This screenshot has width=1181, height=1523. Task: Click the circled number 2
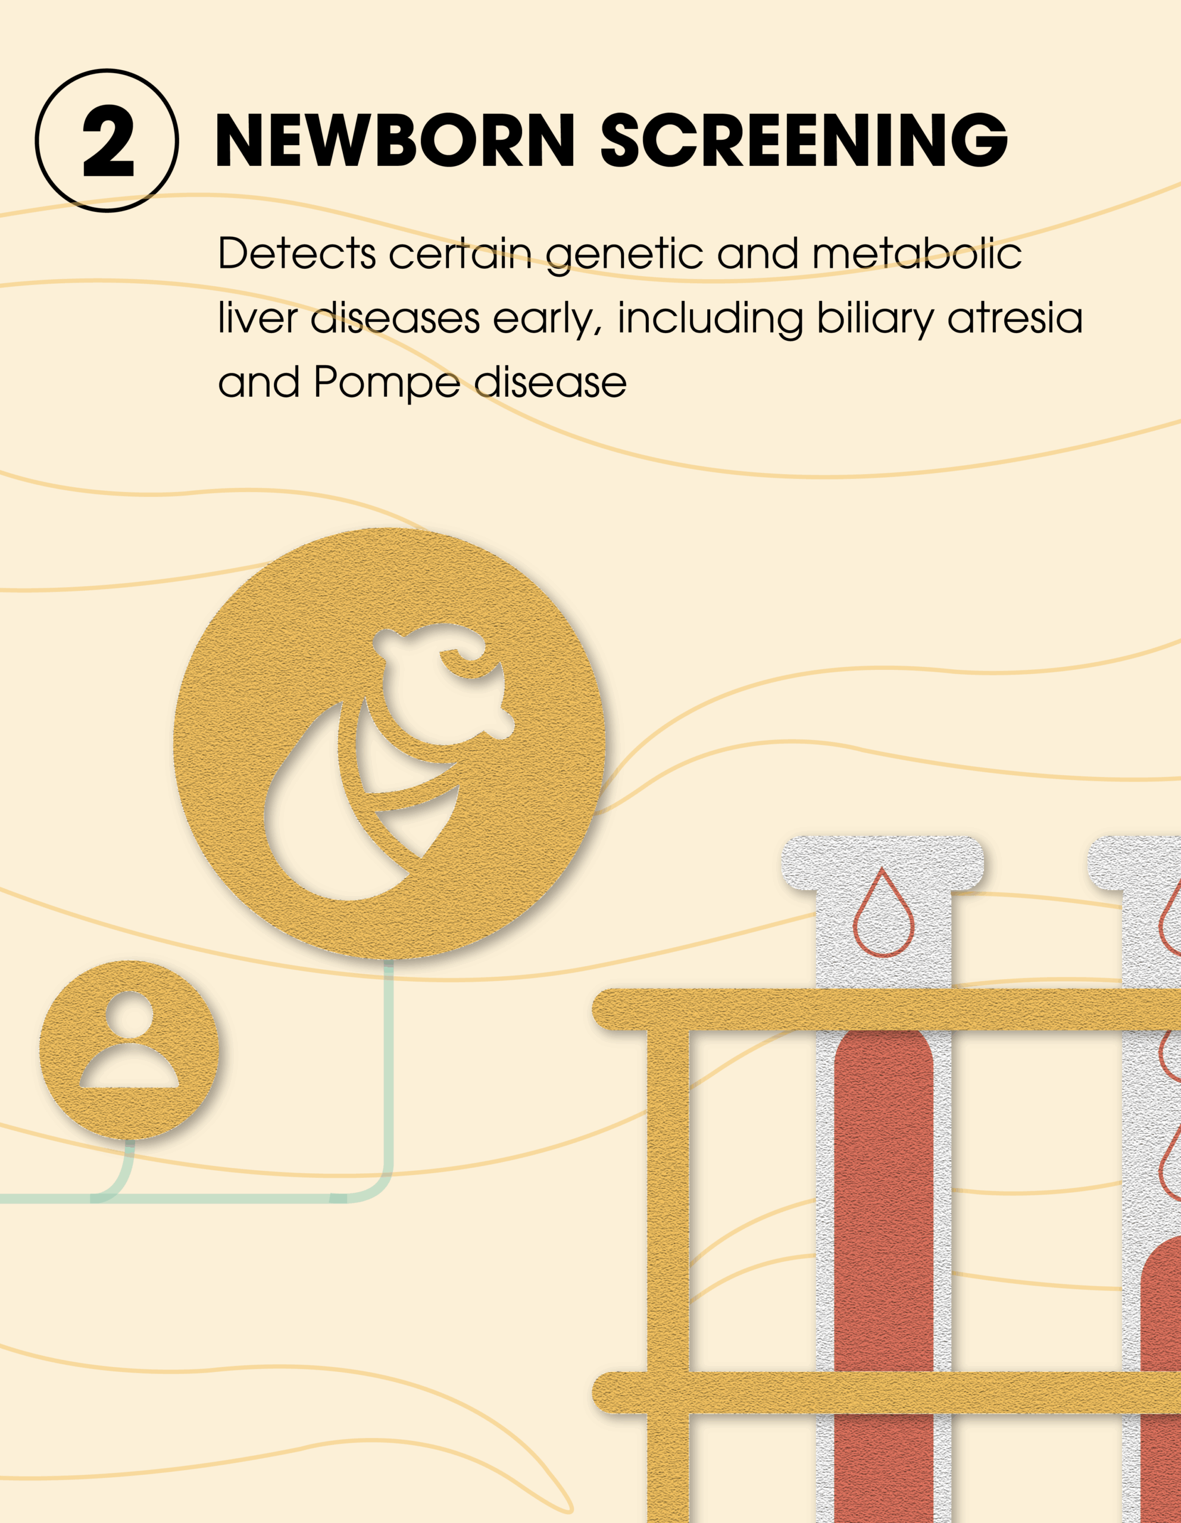pyautogui.click(x=107, y=140)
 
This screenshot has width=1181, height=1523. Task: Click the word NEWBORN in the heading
pyautogui.click(x=395, y=140)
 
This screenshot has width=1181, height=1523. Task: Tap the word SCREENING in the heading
pyautogui.click(x=804, y=140)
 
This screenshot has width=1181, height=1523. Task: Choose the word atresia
pyautogui.click(x=1015, y=318)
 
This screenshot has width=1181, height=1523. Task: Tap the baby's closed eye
pyautogui.click(x=464, y=660)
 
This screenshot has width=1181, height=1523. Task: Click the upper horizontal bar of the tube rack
pyautogui.click(x=886, y=1009)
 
